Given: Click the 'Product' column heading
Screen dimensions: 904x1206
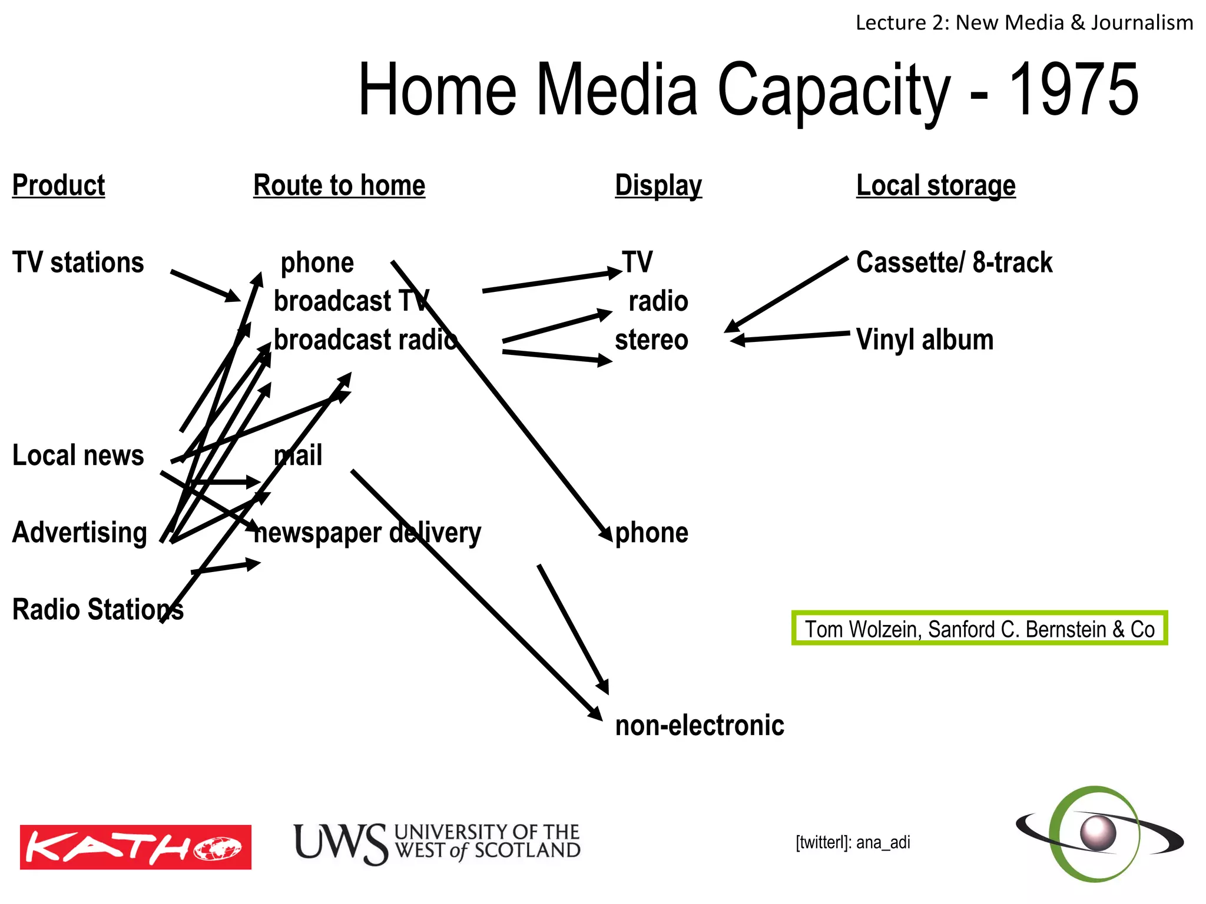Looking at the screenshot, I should tap(58, 185).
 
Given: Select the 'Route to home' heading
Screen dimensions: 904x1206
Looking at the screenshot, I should tap(339, 185).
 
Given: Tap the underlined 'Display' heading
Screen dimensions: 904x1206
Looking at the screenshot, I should tap(658, 185).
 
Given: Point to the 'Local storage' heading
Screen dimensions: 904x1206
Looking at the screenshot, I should tap(936, 185).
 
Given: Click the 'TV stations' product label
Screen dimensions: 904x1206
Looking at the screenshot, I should tap(78, 262).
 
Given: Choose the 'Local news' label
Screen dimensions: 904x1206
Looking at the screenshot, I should tap(78, 456).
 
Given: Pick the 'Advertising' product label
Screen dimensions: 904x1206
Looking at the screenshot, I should tap(79, 533).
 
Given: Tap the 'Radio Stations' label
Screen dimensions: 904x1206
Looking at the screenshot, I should tap(98, 610).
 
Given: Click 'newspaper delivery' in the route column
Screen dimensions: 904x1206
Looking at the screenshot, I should tap(367, 533).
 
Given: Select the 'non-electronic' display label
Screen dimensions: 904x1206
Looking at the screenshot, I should tap(700, 726).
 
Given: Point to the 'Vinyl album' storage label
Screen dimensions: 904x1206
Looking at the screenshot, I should tap(925, 340).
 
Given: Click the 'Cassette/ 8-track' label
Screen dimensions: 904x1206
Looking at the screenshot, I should tap(954, 262).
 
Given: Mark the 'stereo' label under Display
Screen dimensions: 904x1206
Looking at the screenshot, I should tap(651, 340).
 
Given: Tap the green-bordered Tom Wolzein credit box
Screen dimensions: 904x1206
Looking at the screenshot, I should tap(979, 629).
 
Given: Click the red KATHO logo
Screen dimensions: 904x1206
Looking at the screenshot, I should tap(135, 847).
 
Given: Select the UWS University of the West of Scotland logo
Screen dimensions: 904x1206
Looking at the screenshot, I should tap(437, 843).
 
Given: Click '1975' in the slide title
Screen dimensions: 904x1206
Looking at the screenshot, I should tap(1074, 90).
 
